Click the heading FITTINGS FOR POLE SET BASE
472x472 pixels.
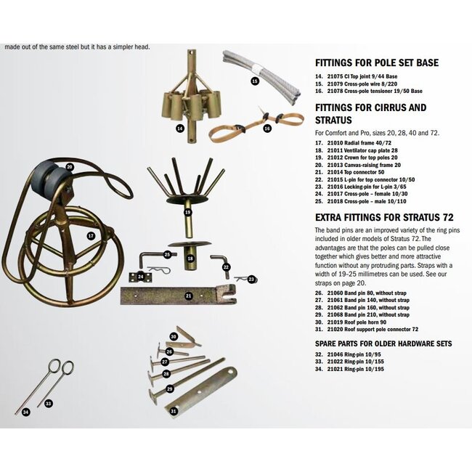pyautogui.click(x=376, y=63)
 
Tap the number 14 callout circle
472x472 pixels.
pyautogui.click(x=180, y=128)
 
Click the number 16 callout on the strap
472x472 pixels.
pyautogui.click(x=267, y=129)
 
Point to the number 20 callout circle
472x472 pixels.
pyautogui.click(x=70, y=167)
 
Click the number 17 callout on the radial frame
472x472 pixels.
pyautogui.click(x=91, y=236)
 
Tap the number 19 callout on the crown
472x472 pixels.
pyautogui.click(x=187, y=213)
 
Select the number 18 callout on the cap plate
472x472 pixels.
pyautogui.click(x=190, y=258)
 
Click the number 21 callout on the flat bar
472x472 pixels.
pyautogui.click(x=188, y=296)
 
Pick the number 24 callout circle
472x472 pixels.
pyautogui.click(x=141, y=277)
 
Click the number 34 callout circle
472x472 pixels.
pyautogui.click(x=25, y=412)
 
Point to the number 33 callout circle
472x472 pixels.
pyautogui.click(x=49, y=403)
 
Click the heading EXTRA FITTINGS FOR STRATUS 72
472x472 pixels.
pyautogui.click(x=377, y=217)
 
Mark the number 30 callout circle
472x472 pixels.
pyautogui.click(x=174, y=336)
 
